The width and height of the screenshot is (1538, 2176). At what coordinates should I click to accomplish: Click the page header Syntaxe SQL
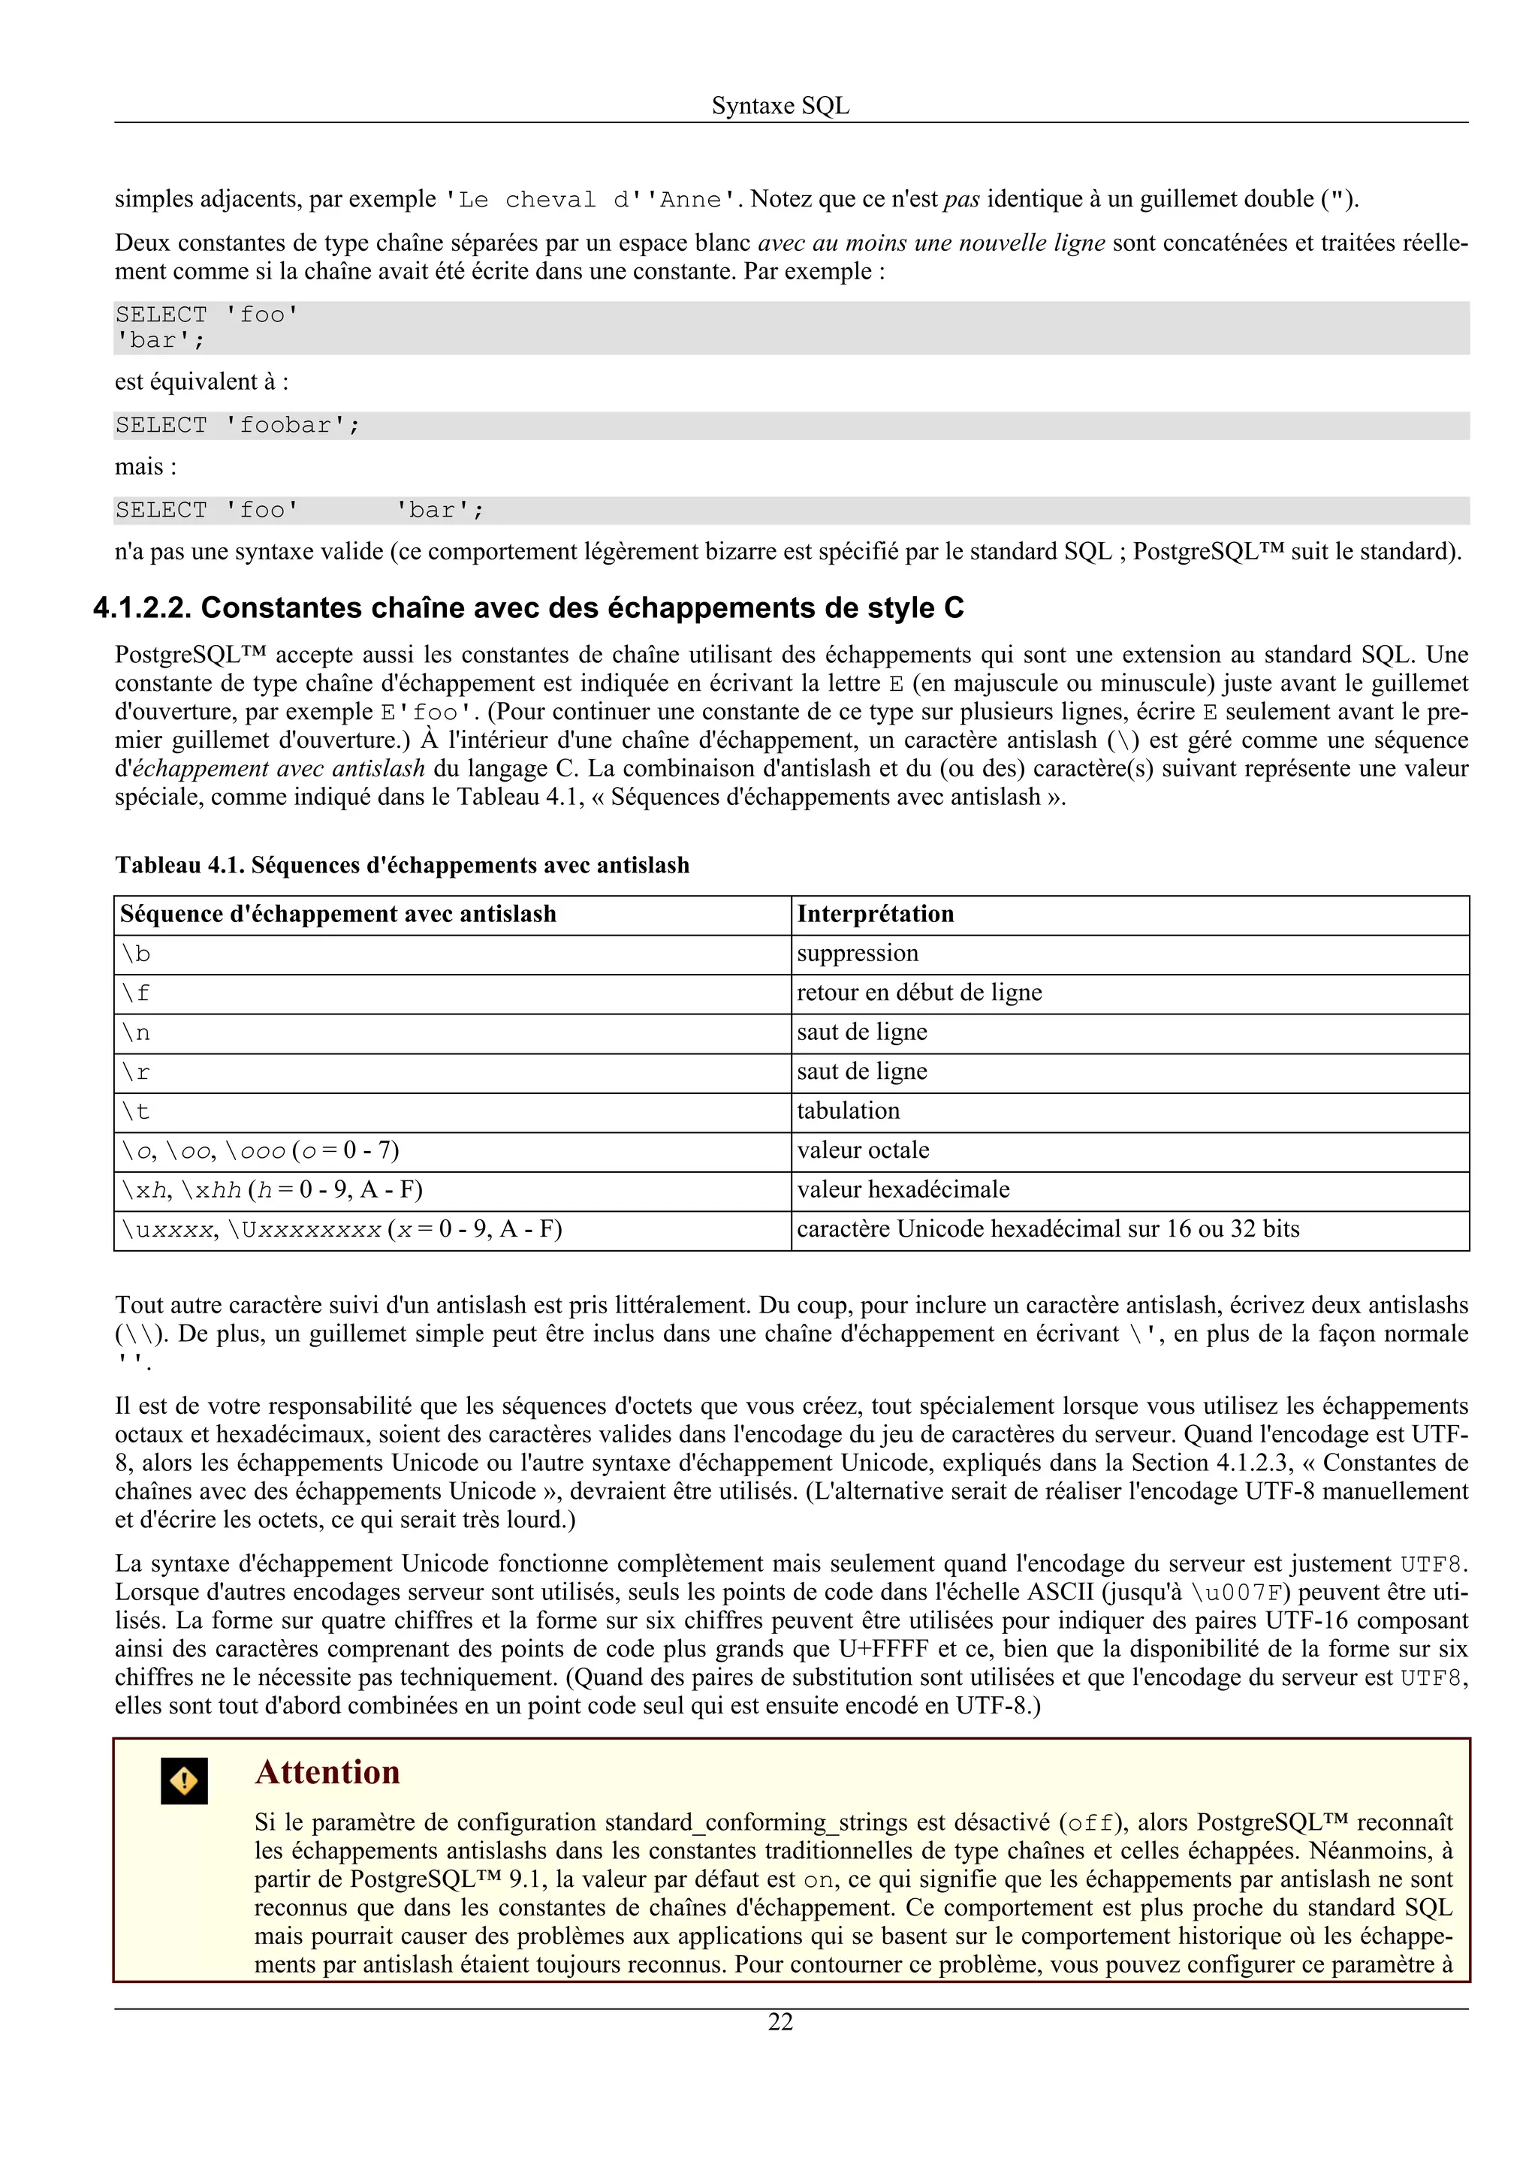[x=780, y=105]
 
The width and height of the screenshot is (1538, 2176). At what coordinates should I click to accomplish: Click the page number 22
[x=780, y=2021]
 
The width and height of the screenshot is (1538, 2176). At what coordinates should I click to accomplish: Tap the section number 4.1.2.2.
[x=142, y=607]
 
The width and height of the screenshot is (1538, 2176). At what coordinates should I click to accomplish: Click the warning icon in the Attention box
[x=184, y=1781]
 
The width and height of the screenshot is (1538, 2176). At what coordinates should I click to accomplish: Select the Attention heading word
[x=327, y=1771]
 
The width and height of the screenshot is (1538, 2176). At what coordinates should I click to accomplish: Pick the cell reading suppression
[x=858, y=954]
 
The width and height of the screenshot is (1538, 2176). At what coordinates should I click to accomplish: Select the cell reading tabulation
[x=848, y=1111]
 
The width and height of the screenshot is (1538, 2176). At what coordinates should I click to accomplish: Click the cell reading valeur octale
[x=862, y=1150]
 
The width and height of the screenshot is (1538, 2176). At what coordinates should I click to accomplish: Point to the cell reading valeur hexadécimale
[x=903, y=1189]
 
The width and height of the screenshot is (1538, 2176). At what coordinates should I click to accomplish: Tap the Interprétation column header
[x=875, y=914]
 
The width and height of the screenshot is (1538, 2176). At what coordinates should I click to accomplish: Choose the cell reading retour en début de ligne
[x=918, y=993]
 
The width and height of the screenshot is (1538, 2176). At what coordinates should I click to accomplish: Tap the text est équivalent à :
[x=201, y=382]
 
